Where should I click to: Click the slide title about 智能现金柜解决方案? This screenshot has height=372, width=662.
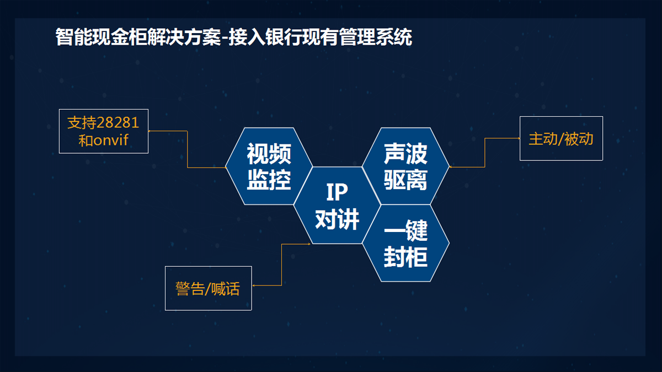(234, 37)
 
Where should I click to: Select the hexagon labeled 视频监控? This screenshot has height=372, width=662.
(269, 166)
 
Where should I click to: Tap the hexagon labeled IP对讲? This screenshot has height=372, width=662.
(337, 205)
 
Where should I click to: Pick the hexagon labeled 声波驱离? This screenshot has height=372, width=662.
(405, 166)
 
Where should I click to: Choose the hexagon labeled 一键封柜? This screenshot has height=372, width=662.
(405, 243)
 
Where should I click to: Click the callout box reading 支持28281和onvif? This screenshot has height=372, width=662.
(104, 131)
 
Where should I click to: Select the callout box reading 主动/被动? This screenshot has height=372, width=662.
(561, 138)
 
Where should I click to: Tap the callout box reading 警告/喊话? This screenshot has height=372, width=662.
(209, 288)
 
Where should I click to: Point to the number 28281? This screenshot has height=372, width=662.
(118, 123)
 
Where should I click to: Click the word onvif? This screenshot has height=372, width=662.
(111, 140)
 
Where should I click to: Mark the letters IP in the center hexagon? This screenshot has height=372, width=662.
(337, 192)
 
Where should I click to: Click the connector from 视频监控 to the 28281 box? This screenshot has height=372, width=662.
(187, 149)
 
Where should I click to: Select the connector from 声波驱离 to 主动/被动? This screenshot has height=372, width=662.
(485, 153)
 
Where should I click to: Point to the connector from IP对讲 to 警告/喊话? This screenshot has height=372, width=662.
(282, 265)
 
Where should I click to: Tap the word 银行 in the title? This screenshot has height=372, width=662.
(284, 37)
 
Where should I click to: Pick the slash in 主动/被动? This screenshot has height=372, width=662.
(560, 139)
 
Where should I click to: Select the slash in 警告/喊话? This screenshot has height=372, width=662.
(207, 289)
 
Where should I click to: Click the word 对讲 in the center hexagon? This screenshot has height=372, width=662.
(337, 219)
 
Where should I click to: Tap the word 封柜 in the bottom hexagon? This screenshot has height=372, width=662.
(405, 257)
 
